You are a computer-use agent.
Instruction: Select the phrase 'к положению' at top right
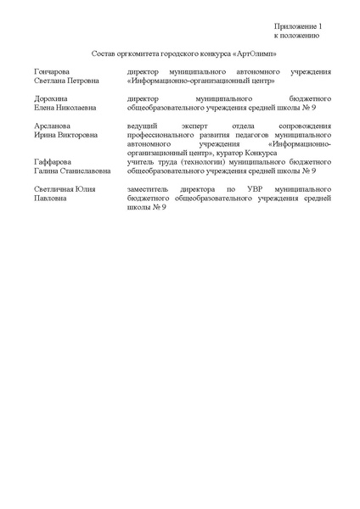(296, 36)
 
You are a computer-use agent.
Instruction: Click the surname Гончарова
(52, 73)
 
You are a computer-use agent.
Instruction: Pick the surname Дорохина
(50, 99)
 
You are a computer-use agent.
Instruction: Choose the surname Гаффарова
(52, 160)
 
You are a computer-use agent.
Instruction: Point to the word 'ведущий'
(139, 126)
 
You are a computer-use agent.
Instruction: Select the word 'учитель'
(138, 160)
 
